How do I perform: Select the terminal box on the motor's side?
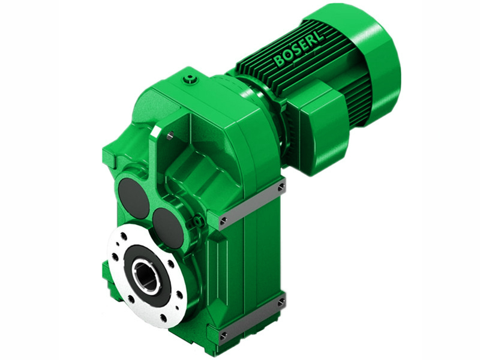pyautogui.click(x=321, y=135)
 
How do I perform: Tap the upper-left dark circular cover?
pyautogui.click(x=133, y=197)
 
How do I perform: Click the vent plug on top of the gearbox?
pyautogui.click(x=190, y=78)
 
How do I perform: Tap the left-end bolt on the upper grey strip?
pyautogui.click(x=224, y=221)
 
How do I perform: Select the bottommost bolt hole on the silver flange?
pyautogui.click(x=163, y=317)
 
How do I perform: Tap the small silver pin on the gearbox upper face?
pyautogui.click(x=169, y=136)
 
